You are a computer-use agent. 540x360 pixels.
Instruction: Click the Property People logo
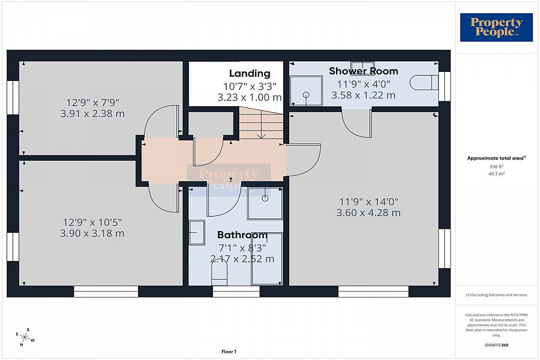[496, 28]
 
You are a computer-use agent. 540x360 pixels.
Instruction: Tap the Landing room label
[250, 74]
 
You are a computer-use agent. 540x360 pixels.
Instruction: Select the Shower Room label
[363, 71]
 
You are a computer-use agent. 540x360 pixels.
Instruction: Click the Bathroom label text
[242, 235]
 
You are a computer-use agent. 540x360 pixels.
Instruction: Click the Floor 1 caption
[229, 352]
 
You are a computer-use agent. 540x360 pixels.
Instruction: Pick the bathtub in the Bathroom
[266, 259]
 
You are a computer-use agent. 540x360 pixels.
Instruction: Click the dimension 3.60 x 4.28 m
[368, 212]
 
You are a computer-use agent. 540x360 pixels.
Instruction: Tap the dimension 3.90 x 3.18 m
[92, 233]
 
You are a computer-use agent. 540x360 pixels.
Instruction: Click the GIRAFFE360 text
[496, 345]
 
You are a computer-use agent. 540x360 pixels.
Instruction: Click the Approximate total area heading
[496, 158]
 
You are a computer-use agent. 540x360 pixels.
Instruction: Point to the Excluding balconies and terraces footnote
[496, 295]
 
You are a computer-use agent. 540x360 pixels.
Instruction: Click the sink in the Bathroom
[196, 232]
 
